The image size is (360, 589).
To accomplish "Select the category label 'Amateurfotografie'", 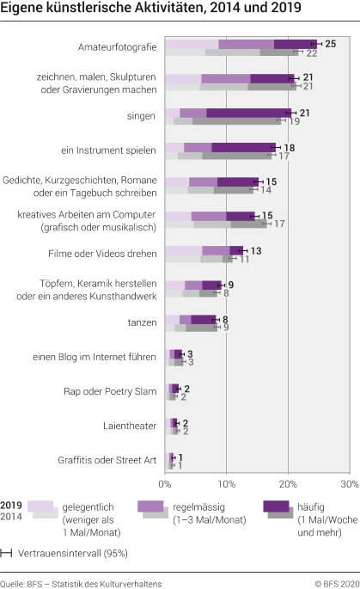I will pos(116,46).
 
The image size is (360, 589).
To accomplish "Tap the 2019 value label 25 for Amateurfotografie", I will pos(330,43).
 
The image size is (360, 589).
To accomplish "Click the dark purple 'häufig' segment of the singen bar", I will pos(248,113).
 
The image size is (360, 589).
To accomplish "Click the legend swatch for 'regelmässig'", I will pos(153,509).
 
